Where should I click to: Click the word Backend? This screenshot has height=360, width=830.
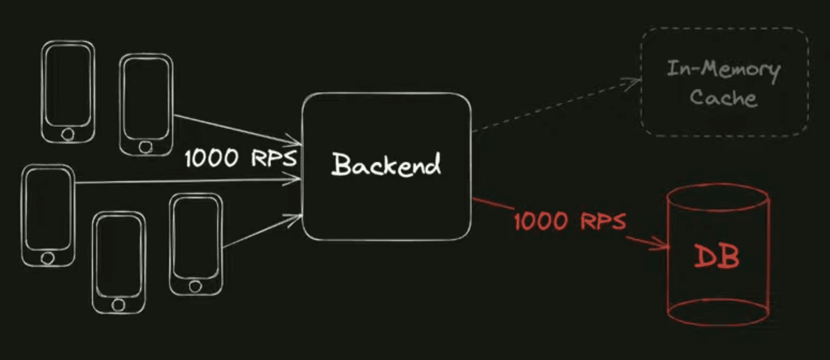pyautogui.click(x=386, y=165)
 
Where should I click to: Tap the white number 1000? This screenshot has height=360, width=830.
pyautogui.click(x=211, y=158)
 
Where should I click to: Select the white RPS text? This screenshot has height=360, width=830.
pyautogui.click(x=273, y=158)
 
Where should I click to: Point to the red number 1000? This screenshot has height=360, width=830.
pyautogui.click(x=540, y=222)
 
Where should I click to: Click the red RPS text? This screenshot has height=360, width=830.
pyautogui.click(x=603, y=222)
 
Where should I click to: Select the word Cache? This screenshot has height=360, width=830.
pyautogui.click(x=723, y=98)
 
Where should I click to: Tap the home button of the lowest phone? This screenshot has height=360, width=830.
pyautogui.click(x=118, y=305)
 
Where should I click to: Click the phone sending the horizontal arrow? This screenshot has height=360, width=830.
pyautogui.click(x=48, y=215)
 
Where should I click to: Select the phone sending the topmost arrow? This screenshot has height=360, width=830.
pyautogui.click(x=146, y=104)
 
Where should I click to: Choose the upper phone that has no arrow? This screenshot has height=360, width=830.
pyautogui.click(x=68, y=92)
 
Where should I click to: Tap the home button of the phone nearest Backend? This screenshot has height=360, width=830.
pyautogui.click(x=195, y=287)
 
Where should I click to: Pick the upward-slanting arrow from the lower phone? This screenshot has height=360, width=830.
pyautogui.click(x=261, y=232)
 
